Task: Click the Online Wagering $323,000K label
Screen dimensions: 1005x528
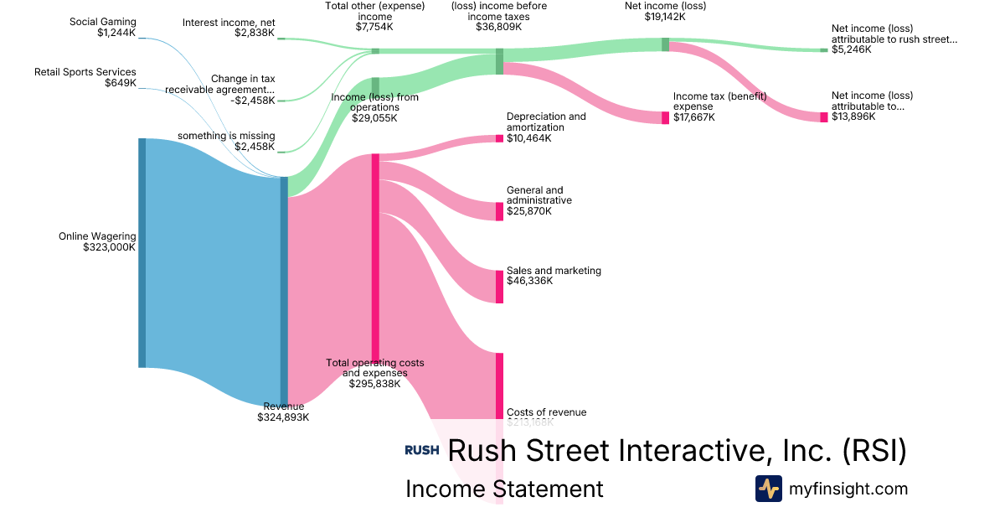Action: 96,242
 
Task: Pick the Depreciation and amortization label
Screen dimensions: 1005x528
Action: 546,127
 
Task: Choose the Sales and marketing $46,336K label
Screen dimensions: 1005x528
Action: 554,276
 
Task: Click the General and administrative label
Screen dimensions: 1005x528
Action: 539,200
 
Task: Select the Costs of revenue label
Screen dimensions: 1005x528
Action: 546,412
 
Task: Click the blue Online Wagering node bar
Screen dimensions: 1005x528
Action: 142,252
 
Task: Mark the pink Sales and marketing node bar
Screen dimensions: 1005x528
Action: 499,287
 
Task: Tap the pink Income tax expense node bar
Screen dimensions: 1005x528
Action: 666,117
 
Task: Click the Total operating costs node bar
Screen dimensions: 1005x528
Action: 375,257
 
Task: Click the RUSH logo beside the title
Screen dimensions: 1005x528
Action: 422,450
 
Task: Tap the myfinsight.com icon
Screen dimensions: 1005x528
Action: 768,489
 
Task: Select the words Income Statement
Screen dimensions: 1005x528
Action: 504,489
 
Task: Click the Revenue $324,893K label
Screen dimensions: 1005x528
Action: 283,411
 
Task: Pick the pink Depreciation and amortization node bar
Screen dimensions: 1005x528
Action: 499,137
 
